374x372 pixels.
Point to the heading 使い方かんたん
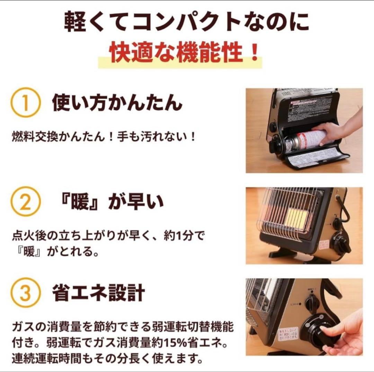tap(117, 103)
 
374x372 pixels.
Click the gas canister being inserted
tap(305, 140)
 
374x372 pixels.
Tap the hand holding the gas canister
tap(332, 131)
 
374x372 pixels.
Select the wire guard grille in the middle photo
tap(284, 215)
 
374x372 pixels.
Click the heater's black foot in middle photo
tap(282, 253)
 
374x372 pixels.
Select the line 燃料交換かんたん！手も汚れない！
tap(104, 136)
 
